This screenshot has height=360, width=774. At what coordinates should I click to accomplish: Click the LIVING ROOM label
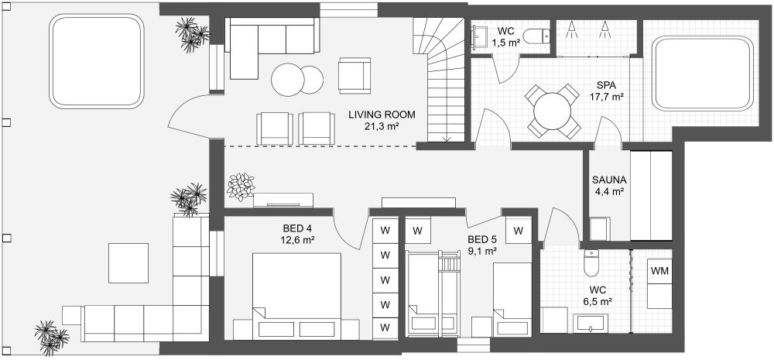pos(382,115)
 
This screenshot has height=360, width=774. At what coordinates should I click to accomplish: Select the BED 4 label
pos(297,228)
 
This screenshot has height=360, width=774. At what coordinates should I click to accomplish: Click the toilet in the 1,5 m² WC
pos(536,36)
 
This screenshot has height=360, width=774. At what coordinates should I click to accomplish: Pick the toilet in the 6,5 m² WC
pos(591,263)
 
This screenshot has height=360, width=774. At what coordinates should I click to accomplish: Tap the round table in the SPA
pos(553,111)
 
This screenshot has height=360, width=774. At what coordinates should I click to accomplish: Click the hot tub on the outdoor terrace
pos(97,60)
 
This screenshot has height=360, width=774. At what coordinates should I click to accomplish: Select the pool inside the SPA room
pos(703,73)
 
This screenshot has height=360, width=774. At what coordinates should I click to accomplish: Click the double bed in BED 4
pos(296,296)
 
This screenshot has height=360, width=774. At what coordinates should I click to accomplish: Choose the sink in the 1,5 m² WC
pos(479,36)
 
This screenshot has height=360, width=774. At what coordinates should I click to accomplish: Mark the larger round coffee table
pos(288,80)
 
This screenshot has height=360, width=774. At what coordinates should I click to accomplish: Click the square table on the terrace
pos(128,263)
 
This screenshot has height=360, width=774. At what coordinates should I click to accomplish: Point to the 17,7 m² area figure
pos(606,98)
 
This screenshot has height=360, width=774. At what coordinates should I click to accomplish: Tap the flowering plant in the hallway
pos(241,187)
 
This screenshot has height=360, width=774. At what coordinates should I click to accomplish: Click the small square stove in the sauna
pos(600,228)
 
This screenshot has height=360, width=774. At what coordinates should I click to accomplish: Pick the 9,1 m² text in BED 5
pos(482,251)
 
